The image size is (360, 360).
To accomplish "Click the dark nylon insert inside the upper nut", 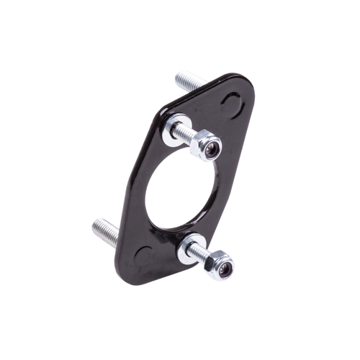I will coord(210,149).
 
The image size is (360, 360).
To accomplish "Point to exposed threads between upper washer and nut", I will coord(186,135).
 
